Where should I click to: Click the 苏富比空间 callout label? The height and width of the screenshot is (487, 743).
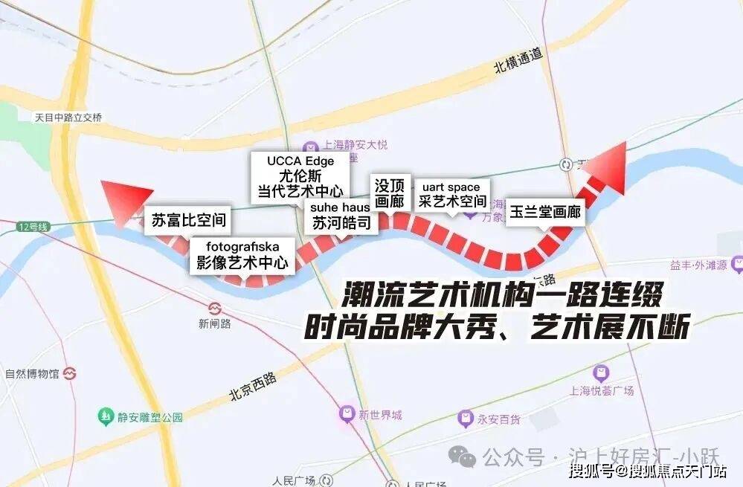click(188, 220)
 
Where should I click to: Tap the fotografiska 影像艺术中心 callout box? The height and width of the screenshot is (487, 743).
click(242, 254)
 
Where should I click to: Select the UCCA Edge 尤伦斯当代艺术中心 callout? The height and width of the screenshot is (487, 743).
click(300, 176)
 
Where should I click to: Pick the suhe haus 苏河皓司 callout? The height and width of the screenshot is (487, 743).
click(341, 216)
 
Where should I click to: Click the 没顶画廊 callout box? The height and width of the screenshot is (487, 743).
click(389, 193)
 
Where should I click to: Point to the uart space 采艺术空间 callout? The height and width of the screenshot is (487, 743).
click(452, 194)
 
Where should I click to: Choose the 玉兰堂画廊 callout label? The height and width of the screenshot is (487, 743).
click(545, 212)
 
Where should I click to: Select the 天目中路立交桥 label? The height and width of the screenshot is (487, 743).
click(68, 117)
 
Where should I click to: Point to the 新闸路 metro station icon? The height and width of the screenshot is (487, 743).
click(215, 307)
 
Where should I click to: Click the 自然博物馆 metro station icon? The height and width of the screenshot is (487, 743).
click(71, 372)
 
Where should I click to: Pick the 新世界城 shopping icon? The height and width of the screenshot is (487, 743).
click(346, 413)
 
